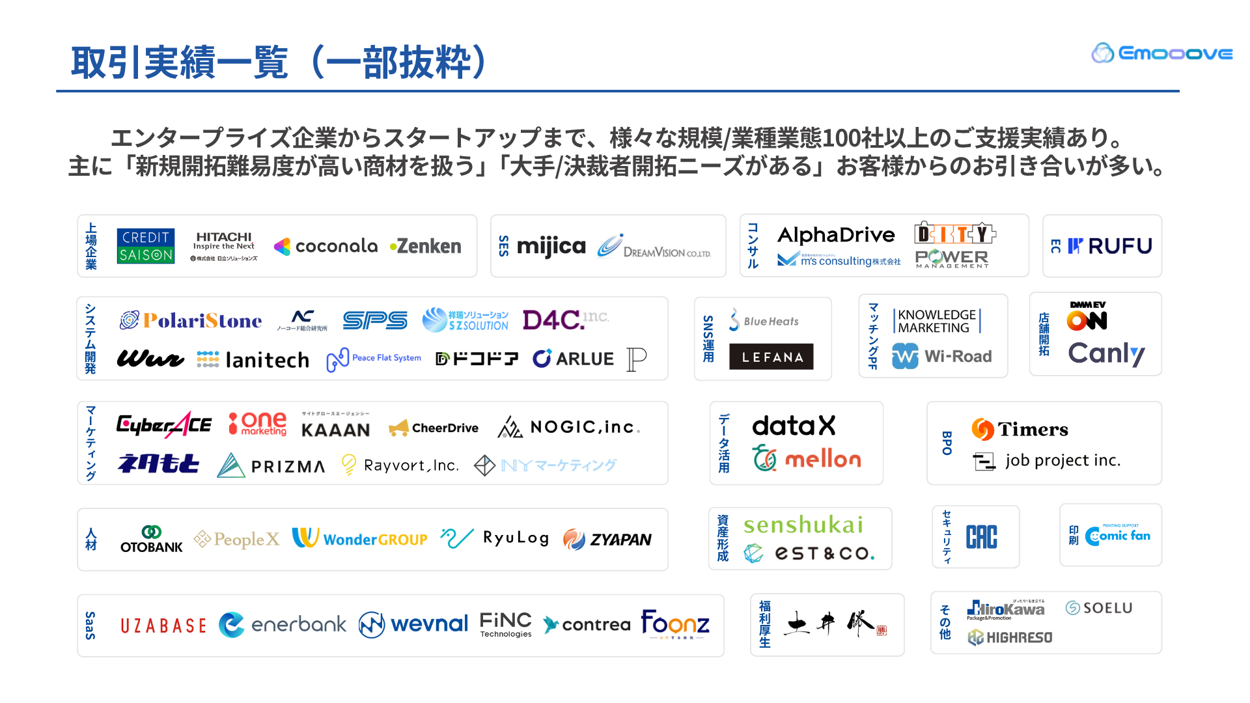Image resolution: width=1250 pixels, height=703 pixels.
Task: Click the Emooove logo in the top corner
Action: pos(1161,53)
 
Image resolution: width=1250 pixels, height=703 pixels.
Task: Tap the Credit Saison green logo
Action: pos(145,246)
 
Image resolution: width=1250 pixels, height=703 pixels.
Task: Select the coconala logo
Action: pos(326,246)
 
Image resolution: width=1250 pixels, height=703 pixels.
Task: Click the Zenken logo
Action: pos(426,246)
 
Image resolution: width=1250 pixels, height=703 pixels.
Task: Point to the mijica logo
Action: pos(551,246)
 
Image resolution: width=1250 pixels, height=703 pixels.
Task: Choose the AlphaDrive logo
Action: pos(836,234)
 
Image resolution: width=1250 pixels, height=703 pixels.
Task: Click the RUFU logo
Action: pos(1110,246)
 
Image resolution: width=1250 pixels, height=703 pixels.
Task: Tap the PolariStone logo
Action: pos(191,320)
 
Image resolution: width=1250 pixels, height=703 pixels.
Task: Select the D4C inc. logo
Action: pos(564,319)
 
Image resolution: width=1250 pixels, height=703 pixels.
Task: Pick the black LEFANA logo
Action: pos(771,357)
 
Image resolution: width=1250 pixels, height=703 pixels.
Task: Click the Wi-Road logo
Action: pos(942,356)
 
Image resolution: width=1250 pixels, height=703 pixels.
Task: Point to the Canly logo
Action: pos(1106,353)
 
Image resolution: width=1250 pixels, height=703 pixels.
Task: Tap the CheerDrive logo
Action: pos(434,428)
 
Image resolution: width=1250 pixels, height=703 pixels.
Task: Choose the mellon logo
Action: pos(807,459)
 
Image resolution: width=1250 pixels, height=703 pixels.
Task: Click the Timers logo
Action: pos(1020,429)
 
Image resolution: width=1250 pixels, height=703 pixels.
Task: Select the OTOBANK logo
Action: pos(152,539)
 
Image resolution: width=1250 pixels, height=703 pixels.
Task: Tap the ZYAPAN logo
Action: pos(607,539)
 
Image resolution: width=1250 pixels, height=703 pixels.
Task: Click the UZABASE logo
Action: pos(163,626)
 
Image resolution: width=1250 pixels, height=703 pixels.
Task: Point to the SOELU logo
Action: pos(1099,608)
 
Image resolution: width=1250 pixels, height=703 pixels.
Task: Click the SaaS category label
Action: pos(90,626)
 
